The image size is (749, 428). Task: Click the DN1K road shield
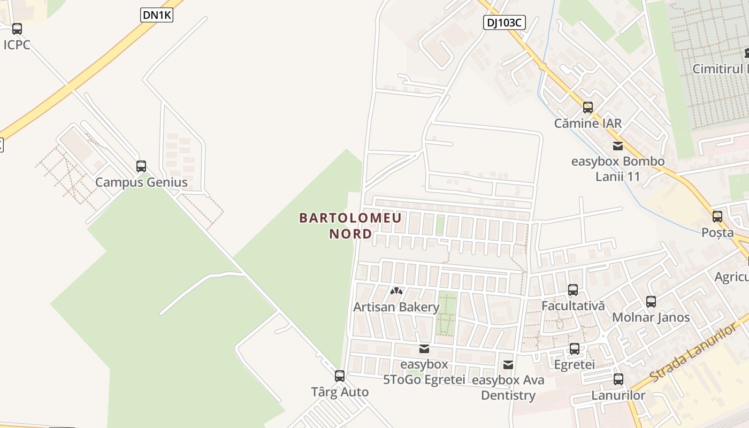tap(157, 16)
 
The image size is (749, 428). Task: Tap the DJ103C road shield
tap(504, 22)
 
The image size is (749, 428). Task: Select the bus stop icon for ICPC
tap(17, 29)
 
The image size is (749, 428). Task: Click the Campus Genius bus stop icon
tap(141, 166)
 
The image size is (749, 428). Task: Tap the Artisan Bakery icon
tap(396, 292)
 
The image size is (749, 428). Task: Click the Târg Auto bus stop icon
tap(340, 376)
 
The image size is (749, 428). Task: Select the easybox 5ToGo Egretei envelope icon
tap(424, 349)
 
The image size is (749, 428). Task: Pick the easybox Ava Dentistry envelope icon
tap(508, 365)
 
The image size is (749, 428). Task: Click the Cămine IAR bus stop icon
tap(588, 108)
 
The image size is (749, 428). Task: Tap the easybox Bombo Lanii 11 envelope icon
tap(618, 146)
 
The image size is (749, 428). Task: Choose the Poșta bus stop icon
tap(717, 217)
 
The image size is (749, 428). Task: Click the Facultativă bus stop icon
tap(573, 290)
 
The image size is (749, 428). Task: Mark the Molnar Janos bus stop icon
tap(651, 302)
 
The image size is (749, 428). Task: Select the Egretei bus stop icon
tap(575, 349)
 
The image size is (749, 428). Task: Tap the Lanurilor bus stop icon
tap(618, 379)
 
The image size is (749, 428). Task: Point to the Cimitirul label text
tap(720, 69)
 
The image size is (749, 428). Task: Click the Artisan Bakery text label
tap(396, 307)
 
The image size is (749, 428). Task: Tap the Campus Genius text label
tap(141, 182)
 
